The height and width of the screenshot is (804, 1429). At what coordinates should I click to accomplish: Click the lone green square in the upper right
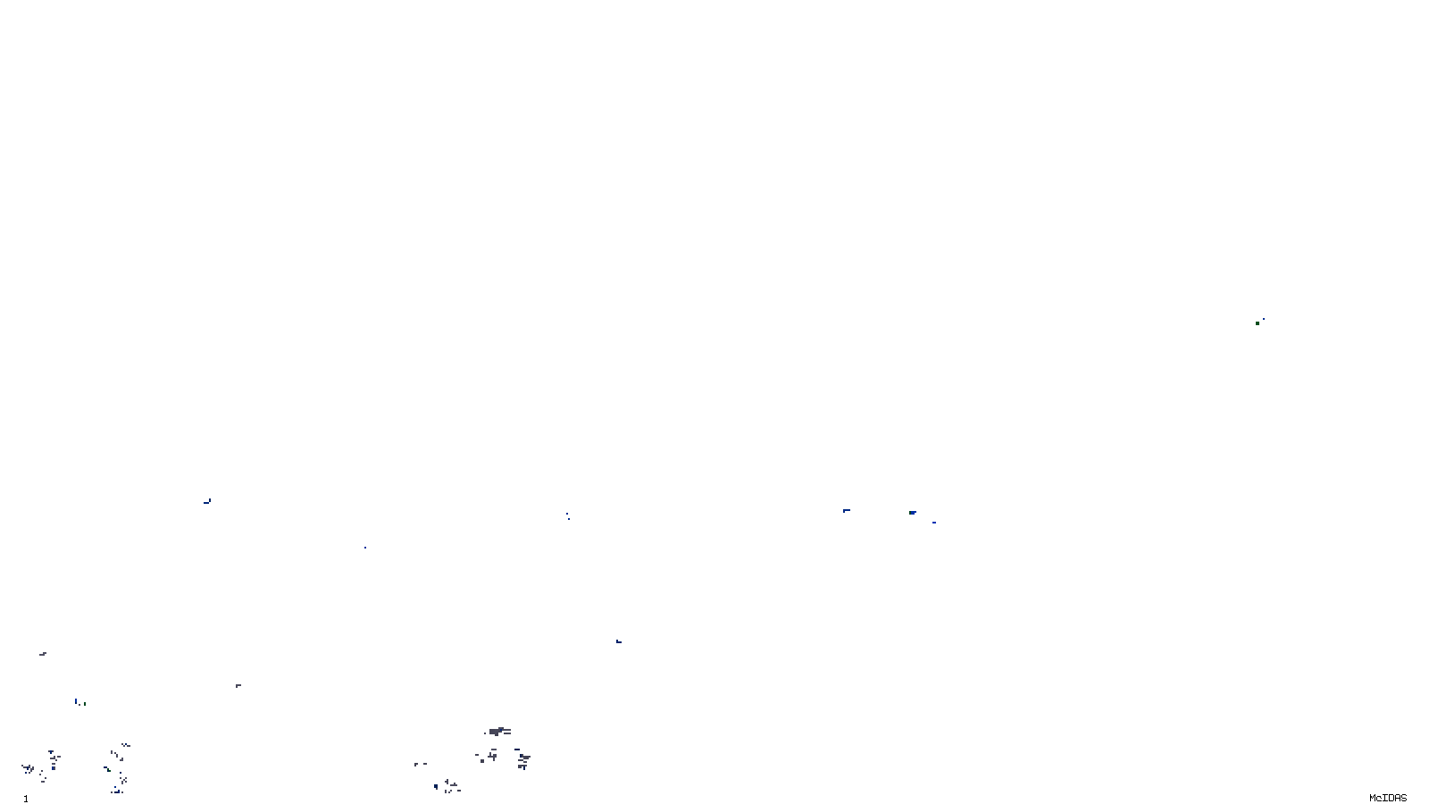[1258, 322]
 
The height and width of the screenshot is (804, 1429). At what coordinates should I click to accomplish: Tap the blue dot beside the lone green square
[1263, 319]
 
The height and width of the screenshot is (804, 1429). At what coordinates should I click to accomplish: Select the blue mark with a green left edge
[913, 513]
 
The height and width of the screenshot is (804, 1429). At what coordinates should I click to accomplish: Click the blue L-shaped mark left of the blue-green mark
[847, 510]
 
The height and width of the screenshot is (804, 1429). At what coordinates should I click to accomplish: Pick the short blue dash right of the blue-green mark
[934, 523]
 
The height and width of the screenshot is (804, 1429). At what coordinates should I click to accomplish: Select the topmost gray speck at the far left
[43, 654]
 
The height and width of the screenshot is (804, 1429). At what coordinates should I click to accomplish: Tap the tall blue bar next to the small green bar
[76, 701]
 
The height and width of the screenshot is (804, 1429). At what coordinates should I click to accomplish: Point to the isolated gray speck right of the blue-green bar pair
[238, 685]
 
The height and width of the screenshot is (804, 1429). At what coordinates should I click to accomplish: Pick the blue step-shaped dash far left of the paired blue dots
[207, 501]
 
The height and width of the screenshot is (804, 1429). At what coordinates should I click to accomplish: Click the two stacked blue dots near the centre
[567, 515]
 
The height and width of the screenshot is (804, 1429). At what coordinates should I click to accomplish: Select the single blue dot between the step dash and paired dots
[364, 547]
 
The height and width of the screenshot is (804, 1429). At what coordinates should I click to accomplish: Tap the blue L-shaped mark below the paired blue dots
[618, 641]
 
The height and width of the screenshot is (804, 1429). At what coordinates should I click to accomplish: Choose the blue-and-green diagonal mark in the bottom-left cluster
[107, 769]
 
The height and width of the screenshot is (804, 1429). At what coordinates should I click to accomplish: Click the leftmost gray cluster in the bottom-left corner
[29, 768]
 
